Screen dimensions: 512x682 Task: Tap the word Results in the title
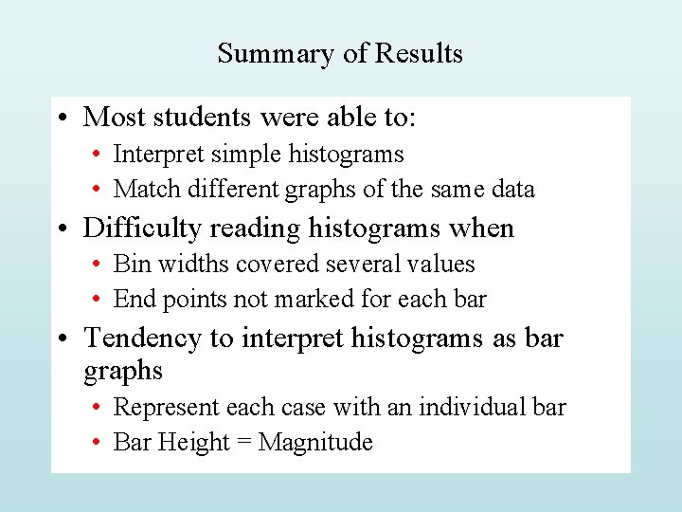pos(419,53)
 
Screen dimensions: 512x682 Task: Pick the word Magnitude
pos(315,443)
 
